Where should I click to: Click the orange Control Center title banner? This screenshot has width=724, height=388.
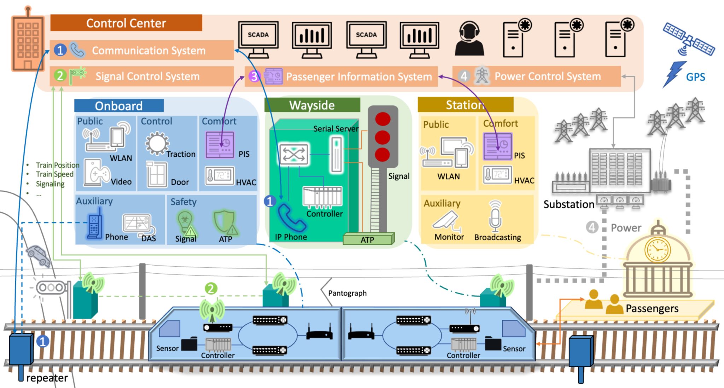click(126, 23)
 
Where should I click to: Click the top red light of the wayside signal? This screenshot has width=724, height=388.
click(383, 119)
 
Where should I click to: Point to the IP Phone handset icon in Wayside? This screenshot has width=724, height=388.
click(291, 218)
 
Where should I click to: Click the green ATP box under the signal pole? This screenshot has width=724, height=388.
click(368, 239)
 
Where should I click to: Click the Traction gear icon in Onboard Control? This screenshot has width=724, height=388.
click(157, 144)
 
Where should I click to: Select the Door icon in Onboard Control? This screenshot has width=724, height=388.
click(157, 174)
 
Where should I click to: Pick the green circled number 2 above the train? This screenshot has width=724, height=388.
click(211, 289)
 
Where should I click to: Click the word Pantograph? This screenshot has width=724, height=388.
click(347, 293)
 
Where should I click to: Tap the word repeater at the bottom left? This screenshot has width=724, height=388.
click(47, 378)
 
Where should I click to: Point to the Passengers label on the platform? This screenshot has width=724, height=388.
click(652, 308)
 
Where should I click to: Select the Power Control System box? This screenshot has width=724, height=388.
click(537, 76)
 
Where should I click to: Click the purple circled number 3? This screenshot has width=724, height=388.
click(254, 76)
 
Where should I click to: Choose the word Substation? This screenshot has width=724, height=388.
click(568, 204)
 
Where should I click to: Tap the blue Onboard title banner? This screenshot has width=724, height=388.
click(119, 106)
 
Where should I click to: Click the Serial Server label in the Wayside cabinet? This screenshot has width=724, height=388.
click(335, 129)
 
